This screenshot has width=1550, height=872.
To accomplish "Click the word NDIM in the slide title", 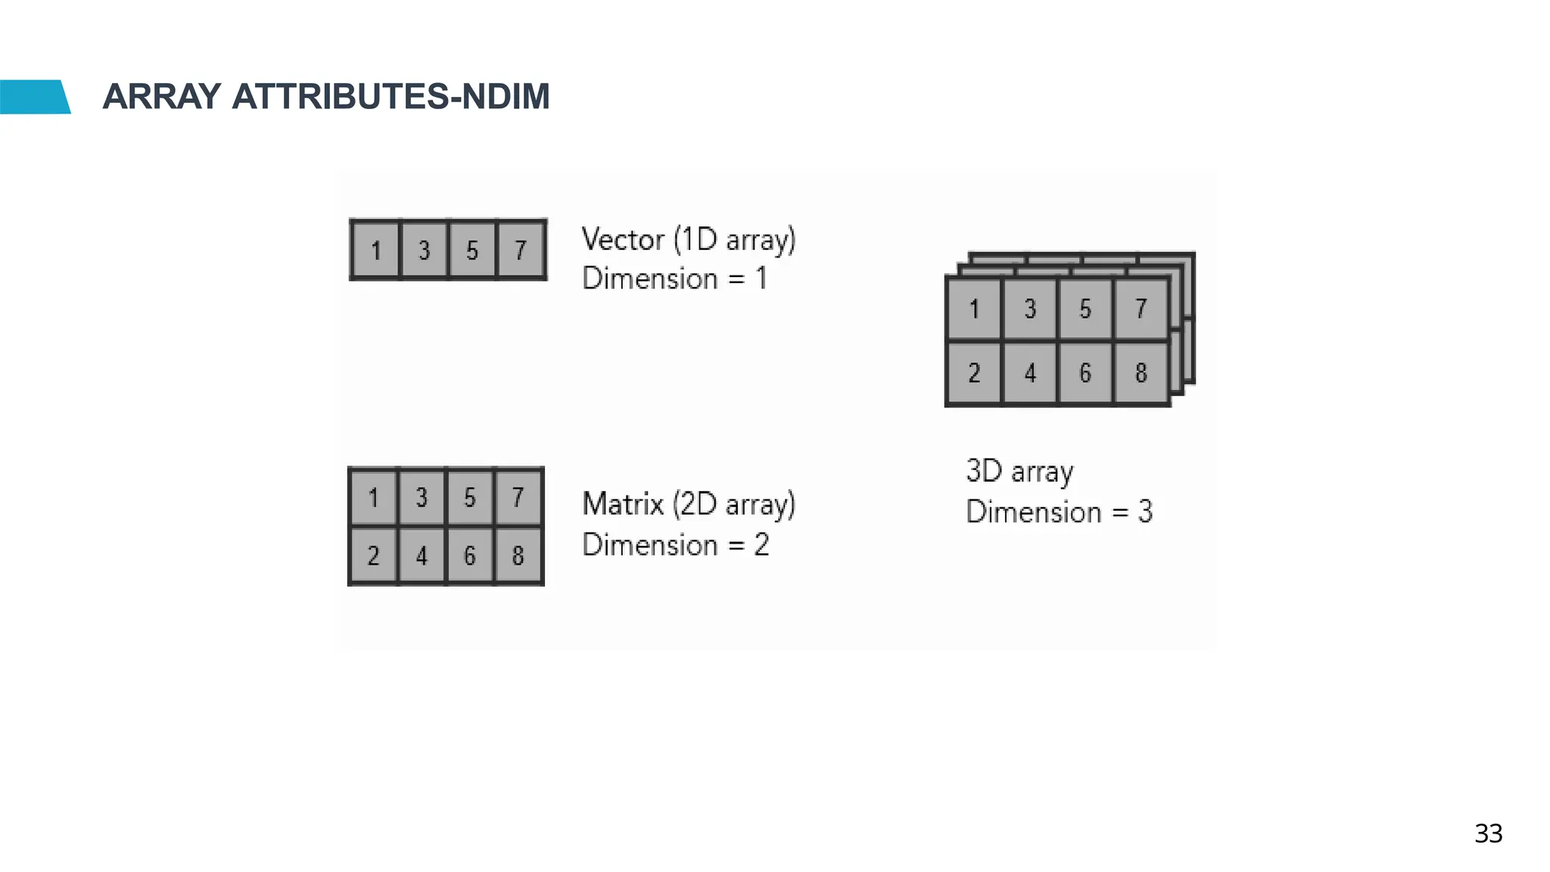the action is pyautogui.click(x=505, y=97).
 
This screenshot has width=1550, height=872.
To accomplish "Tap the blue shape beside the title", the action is pyautogui.click(x=33, y=97).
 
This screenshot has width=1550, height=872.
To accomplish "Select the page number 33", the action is pyautogui.click(x=1488, y=833).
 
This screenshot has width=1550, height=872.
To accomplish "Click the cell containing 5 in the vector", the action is pyautogui.click(x=472, y=250).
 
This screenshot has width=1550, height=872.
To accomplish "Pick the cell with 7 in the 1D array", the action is pyautogui.click(x=521, y=250).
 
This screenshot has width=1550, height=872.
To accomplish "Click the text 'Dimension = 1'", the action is pyautogui.click(x=674, y=279).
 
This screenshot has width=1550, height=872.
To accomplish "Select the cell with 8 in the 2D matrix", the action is pyautogui.click(x=518, y=556).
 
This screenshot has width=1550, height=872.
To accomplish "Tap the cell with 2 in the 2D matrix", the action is pyautogui.click(x=373, y=556).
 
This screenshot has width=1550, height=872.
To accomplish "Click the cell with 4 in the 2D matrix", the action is pyautogui.click(x=422, y=556).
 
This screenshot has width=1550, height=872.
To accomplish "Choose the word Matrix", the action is pyautogui.click(x=623, y=504).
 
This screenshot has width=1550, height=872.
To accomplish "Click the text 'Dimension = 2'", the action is pyautogui.click(x=675, y=545).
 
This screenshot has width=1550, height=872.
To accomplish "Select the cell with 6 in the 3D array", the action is pyautogui.click(x=1085, y=373).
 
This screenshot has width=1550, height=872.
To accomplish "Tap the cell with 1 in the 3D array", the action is pyautogui.click(x=974, y=309).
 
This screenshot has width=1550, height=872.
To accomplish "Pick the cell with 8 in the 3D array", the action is pyautogui.click(x=1141, y=373).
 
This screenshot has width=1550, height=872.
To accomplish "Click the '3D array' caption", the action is pyautogui.click(x=1019, y=472).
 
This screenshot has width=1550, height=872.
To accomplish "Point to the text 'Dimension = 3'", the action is pyautogui.click(x=1059, y=512).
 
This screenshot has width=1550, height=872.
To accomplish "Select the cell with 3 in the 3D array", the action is pyautogui.click(x=1030, y=309).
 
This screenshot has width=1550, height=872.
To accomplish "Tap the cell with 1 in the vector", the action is pyautogui.click(x=375, y=250).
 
